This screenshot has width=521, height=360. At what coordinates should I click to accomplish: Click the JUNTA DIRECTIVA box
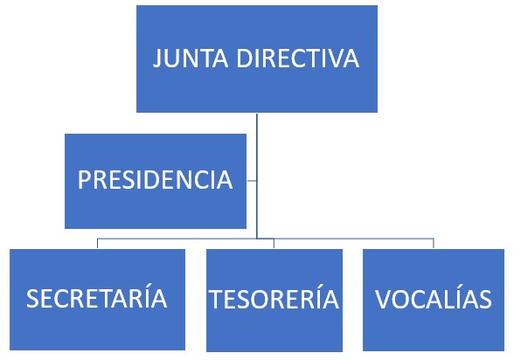(257, 59)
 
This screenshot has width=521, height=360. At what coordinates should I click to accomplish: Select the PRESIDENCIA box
(156, 181)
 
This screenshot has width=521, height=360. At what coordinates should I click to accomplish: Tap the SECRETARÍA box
(97, 300)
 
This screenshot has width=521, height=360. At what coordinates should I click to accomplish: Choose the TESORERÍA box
(274, 301)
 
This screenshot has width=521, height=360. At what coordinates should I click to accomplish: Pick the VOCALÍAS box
(434, 300)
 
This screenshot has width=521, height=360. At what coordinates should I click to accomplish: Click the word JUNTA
(191, 59)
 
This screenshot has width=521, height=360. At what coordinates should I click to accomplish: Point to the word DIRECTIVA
(298, 59)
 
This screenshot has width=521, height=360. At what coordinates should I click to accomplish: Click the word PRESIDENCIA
(156, 180)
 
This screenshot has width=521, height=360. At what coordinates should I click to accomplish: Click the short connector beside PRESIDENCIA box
(252, 181)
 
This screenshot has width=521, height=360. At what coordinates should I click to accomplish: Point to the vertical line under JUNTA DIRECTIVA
(257, 176)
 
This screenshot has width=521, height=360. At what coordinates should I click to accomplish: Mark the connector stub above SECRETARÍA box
(97, 244)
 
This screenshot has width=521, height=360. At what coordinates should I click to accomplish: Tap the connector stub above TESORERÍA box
(274, 244)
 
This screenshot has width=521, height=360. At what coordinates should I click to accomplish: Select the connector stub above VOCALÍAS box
(434, 244)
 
